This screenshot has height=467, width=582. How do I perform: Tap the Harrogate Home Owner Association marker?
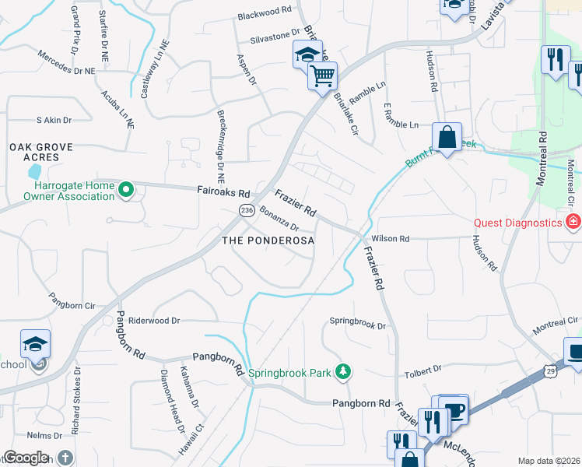(125, 188)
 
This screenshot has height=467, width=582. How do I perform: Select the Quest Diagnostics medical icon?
(573, 223)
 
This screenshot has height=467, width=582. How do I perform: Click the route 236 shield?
(247, 211)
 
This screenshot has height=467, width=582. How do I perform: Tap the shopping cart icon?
(322, 76)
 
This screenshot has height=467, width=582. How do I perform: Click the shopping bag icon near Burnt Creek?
(447, 137)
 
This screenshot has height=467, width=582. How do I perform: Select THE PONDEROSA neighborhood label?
(268, 241)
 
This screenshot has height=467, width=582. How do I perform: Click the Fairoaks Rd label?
(223, 192)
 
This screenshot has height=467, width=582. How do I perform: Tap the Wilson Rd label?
(391, 239)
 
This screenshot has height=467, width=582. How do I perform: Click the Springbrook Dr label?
(358, 321)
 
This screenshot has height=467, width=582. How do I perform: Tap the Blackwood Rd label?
(264, 12)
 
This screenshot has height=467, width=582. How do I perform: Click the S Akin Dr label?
(54, 120)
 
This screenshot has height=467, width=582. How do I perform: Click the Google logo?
(26, 458)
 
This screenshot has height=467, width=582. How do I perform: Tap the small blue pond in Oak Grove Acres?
(34, 171)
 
